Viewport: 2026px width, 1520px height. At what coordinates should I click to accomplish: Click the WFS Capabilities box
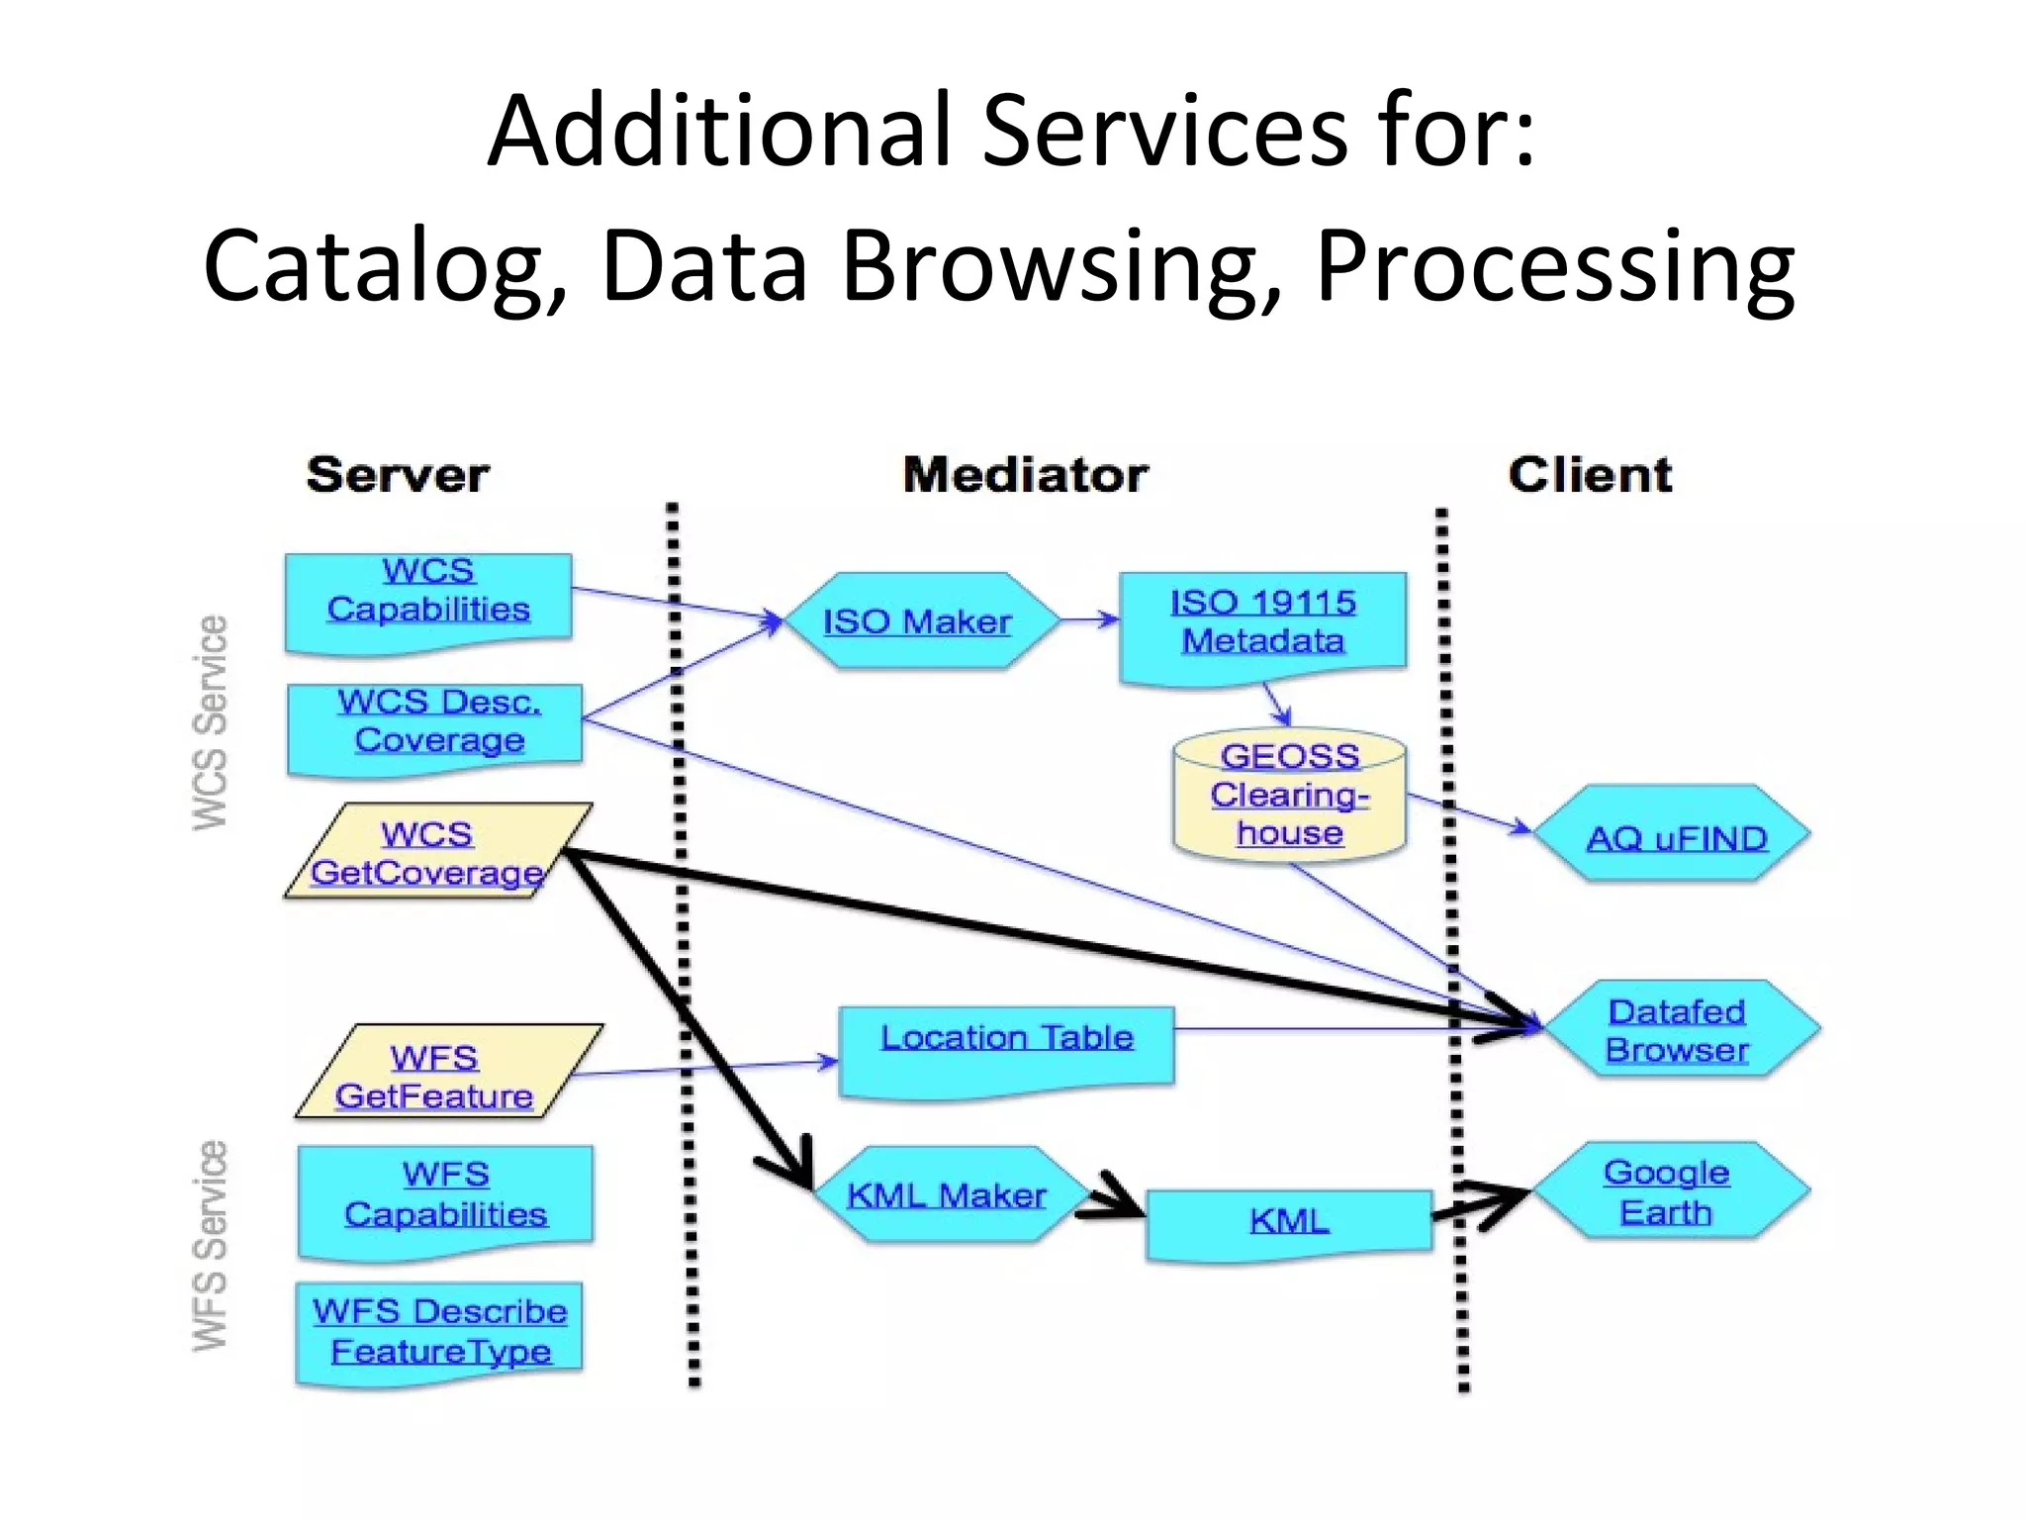click(445, 1197)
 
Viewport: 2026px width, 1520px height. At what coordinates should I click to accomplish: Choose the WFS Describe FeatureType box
click(439, 1331)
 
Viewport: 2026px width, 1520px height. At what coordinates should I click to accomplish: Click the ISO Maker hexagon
click(917, 621)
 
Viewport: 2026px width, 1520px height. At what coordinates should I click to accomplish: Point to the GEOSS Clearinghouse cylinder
click(1289, 798)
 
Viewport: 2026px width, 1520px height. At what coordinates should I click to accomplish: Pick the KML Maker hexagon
click(945, 1195)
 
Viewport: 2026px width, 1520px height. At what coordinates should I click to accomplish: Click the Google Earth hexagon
click(1668, 1192)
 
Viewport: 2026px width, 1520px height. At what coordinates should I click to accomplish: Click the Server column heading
click(398, 476)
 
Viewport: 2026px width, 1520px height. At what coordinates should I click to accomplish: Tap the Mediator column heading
click(1026, 476)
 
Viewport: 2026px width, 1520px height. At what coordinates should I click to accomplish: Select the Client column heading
click(1590, 476)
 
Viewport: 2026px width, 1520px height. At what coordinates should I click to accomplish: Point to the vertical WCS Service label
click(211, 722)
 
